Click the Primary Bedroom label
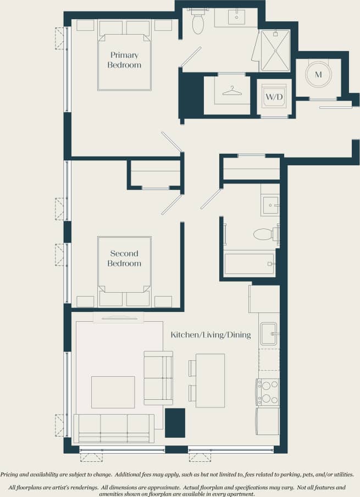125,60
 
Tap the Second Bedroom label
125,259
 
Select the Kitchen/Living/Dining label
211,335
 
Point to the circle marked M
318,74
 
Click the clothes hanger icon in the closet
232,91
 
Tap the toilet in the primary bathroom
198,23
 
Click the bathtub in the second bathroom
249,264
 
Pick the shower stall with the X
275,50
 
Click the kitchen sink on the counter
268,333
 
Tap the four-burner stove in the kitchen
268,392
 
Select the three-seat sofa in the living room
114,428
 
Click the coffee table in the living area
113,392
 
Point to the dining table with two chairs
210,380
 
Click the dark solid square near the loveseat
175,423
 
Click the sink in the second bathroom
270,206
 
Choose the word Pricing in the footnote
13,474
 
